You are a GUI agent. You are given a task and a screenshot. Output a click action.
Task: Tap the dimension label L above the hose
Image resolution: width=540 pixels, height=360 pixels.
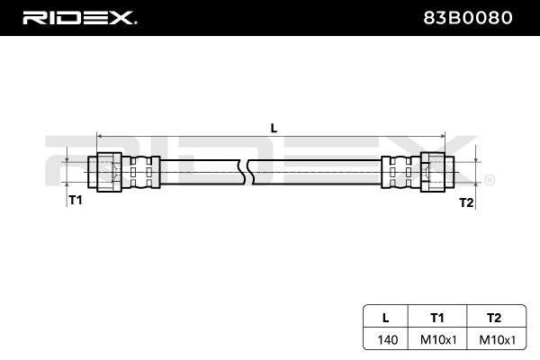pyautogui.click(x=274, y=127)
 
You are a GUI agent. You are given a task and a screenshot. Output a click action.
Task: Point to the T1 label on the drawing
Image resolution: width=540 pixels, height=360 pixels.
pyautogui.click(x=76, y=200)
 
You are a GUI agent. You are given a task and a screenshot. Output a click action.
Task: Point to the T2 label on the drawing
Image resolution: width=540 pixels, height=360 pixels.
pyautogui.click(x=465, y=202)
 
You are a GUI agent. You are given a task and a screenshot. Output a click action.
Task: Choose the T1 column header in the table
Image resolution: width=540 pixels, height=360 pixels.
pyautogui.click(x=436, y=317)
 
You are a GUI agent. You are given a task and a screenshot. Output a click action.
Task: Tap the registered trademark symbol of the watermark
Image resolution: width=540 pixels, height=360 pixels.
pyautogui.click(x=489, y=181)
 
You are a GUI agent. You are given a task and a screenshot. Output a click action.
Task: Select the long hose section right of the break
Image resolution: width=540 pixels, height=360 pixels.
pyautogui.click(x=315, y=171)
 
